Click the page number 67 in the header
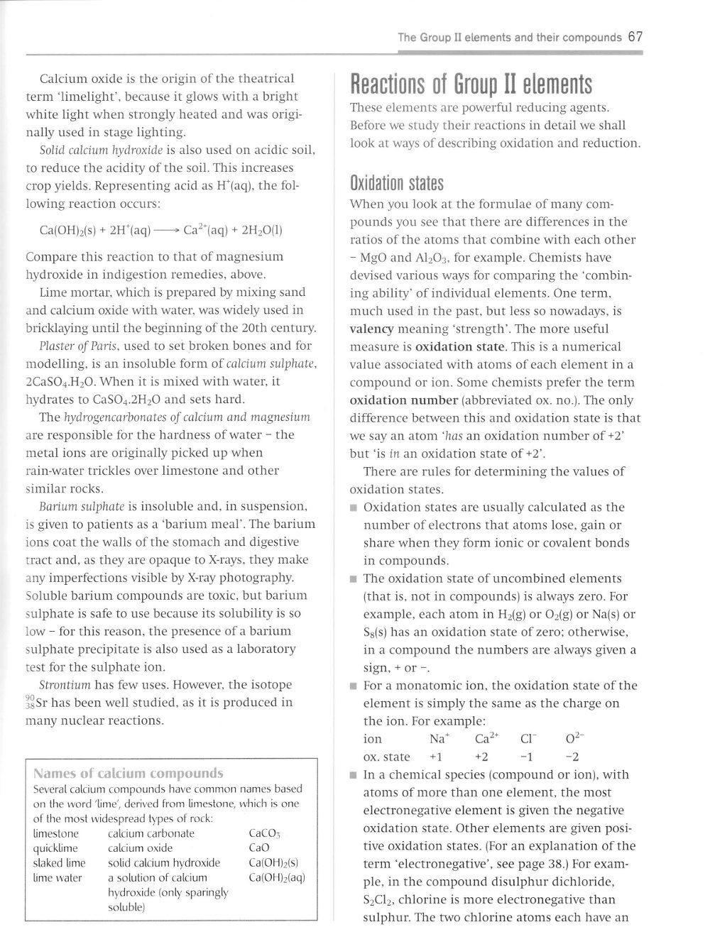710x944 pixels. pos(635,37)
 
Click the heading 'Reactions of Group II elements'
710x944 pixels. pos(471,85)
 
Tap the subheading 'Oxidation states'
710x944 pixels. pos(396,185)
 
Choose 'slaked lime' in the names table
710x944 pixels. pos(59,863)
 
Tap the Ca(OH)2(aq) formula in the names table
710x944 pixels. pos(277,878)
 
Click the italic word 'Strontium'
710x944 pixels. pos(66,685)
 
